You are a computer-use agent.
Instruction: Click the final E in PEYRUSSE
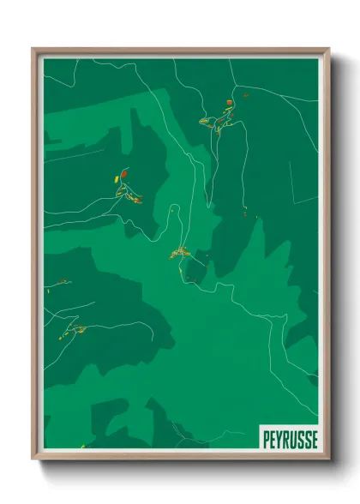[x=314, y=438]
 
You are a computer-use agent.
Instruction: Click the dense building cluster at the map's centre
[x=180, y=252]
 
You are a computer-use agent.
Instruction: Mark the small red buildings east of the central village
[x=244, y=211]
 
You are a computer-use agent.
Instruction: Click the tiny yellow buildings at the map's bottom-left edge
[x=83, y=445]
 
